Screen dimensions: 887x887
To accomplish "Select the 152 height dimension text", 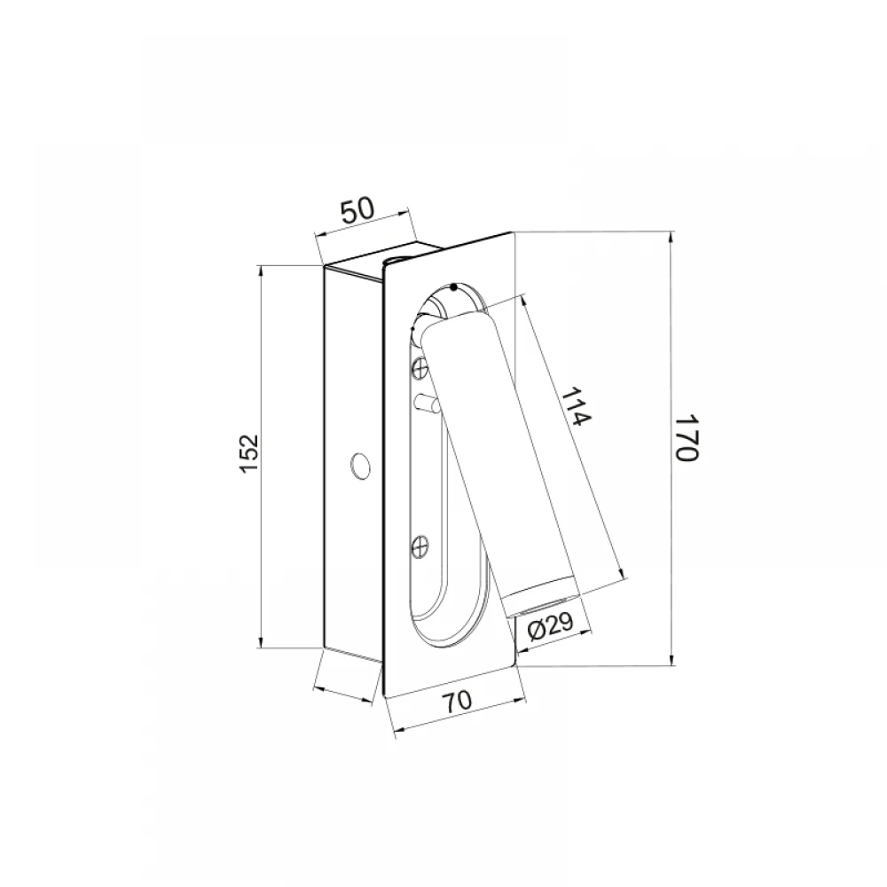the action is coord(248,453).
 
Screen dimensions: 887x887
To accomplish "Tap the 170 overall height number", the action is coord(688,437).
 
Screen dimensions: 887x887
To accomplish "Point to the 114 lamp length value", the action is coord(578,406).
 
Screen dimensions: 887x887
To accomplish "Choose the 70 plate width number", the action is coord(457,702).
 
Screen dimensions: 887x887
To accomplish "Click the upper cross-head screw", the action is coord(420,368).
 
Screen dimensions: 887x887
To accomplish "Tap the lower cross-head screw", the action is coord(420,546).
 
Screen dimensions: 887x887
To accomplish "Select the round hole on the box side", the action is coord(360,466).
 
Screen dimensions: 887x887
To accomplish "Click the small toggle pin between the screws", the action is coord(427,404).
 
